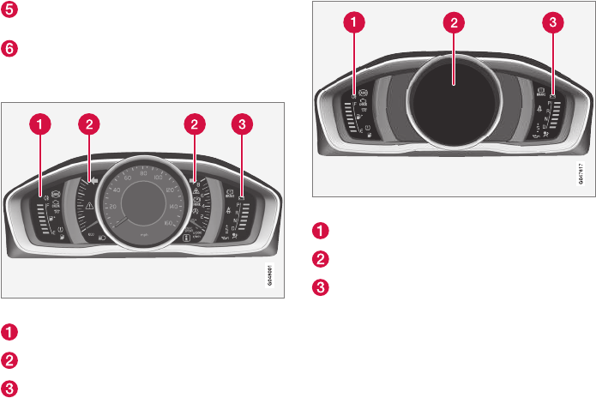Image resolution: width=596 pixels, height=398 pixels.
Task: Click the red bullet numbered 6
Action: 9,50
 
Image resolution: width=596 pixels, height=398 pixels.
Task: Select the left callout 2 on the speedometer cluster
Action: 87,124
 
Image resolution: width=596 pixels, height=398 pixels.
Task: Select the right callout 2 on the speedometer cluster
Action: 196,124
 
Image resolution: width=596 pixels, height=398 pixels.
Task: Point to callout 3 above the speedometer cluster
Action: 244,124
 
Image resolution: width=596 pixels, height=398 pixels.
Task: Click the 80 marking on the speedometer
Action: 141,175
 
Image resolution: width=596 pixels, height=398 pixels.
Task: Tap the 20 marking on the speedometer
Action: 111,231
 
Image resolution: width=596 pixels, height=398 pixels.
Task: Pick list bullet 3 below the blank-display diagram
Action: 318,286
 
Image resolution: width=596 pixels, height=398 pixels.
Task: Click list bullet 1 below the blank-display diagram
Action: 318,230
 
